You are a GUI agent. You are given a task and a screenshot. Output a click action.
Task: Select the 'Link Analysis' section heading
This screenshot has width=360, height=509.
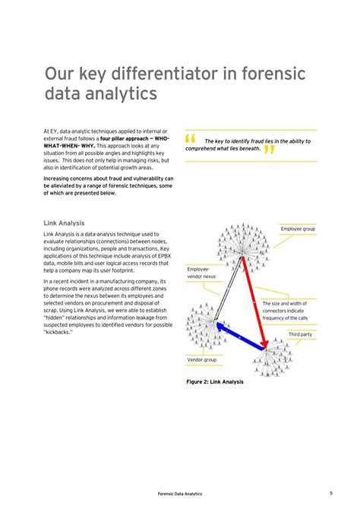tap(64, 223)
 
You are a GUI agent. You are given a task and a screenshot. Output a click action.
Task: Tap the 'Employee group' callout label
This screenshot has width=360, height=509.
tap(298, 229)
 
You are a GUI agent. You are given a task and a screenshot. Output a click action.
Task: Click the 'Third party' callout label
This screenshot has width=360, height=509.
tap(299, 334)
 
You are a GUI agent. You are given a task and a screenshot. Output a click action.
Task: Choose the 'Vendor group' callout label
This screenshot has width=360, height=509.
tap(202, 359)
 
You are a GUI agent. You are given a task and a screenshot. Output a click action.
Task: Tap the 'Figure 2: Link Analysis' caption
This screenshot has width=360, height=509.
tap(215, 381)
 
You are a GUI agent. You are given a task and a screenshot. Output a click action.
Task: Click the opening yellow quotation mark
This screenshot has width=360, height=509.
tap(190, 139)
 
